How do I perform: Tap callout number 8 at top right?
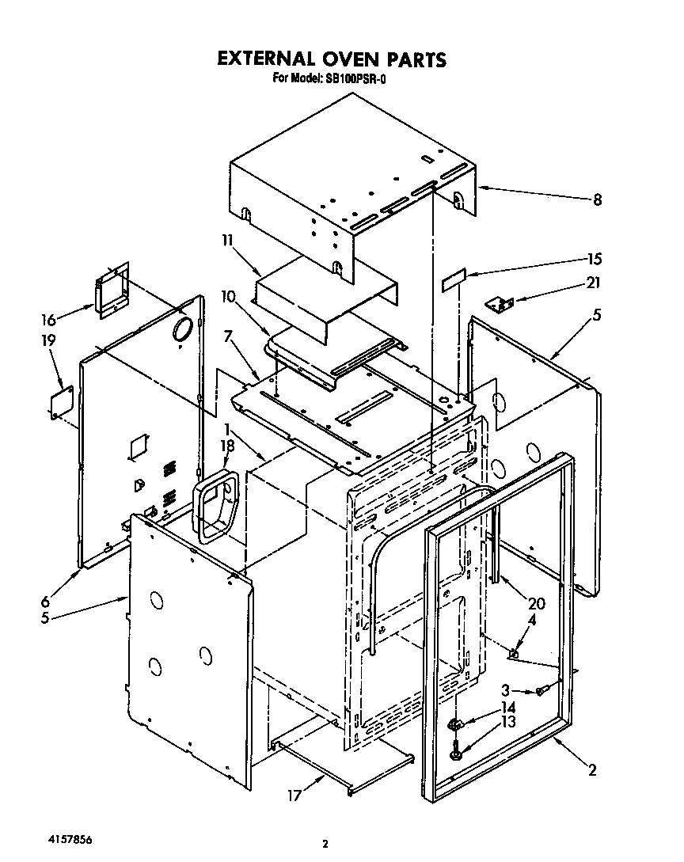point(597,201)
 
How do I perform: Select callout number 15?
point(595,259)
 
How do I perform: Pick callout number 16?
point(49,319)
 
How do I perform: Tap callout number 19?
point(49,341)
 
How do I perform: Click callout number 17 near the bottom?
point(294,795)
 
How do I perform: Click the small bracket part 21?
point(500,302)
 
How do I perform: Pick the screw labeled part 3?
point(541,691)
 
